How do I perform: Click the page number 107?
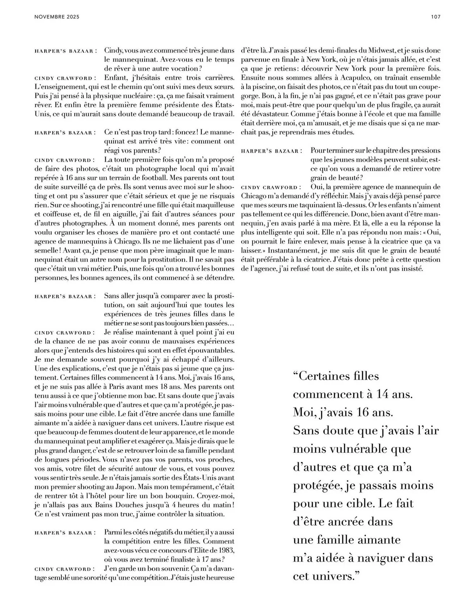coord(435,17)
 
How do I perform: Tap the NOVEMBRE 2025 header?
coord(57,17)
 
